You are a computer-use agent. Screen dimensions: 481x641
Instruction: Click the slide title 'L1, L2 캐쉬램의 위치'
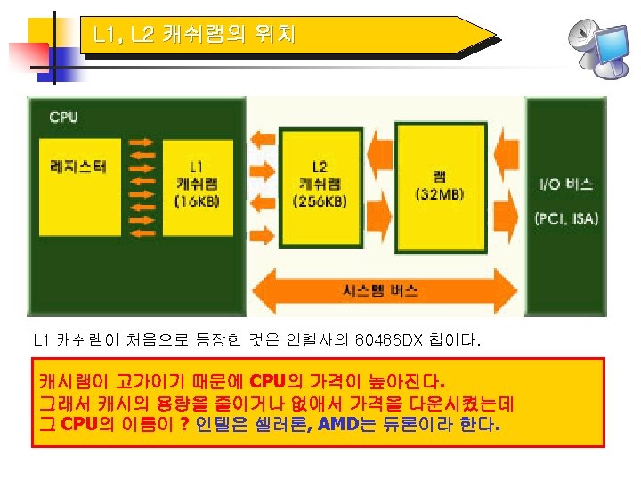coord(193,36)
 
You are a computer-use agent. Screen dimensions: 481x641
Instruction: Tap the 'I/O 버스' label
coord(565,184)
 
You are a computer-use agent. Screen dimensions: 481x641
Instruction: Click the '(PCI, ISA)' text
coord(566,218)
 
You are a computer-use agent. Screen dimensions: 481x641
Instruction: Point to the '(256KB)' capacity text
coord(320,202)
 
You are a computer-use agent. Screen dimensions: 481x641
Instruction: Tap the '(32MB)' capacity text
coord(439,194)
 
